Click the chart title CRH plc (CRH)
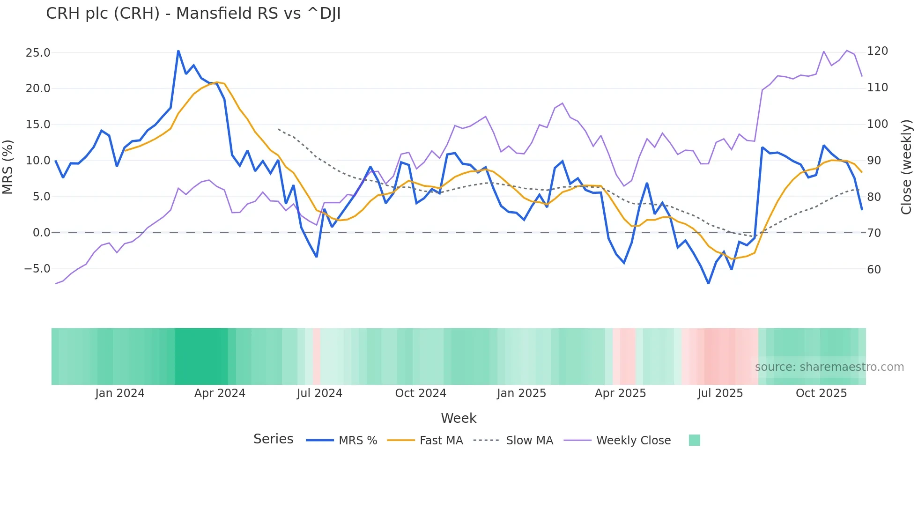(x=193, y=14)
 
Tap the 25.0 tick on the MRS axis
(x=38, y=52)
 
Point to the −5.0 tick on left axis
(x=37, y=269)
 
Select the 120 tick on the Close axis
(x=877, y=51)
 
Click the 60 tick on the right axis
(x=874, y=269)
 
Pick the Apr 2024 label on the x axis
(x=220, y=393)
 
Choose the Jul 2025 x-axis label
(x=720, y=393)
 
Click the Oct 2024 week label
(x=421, y=393)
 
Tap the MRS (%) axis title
(x=8, y=167)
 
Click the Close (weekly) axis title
(x=906, y=167)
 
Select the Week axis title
(x=459, y=418)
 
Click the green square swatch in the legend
(x=695, y=440)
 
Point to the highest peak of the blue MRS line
(x=178, y=51)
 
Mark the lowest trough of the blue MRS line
(x=708, y=283)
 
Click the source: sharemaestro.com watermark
(x=829, y=367)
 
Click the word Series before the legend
(x=273, y=439)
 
